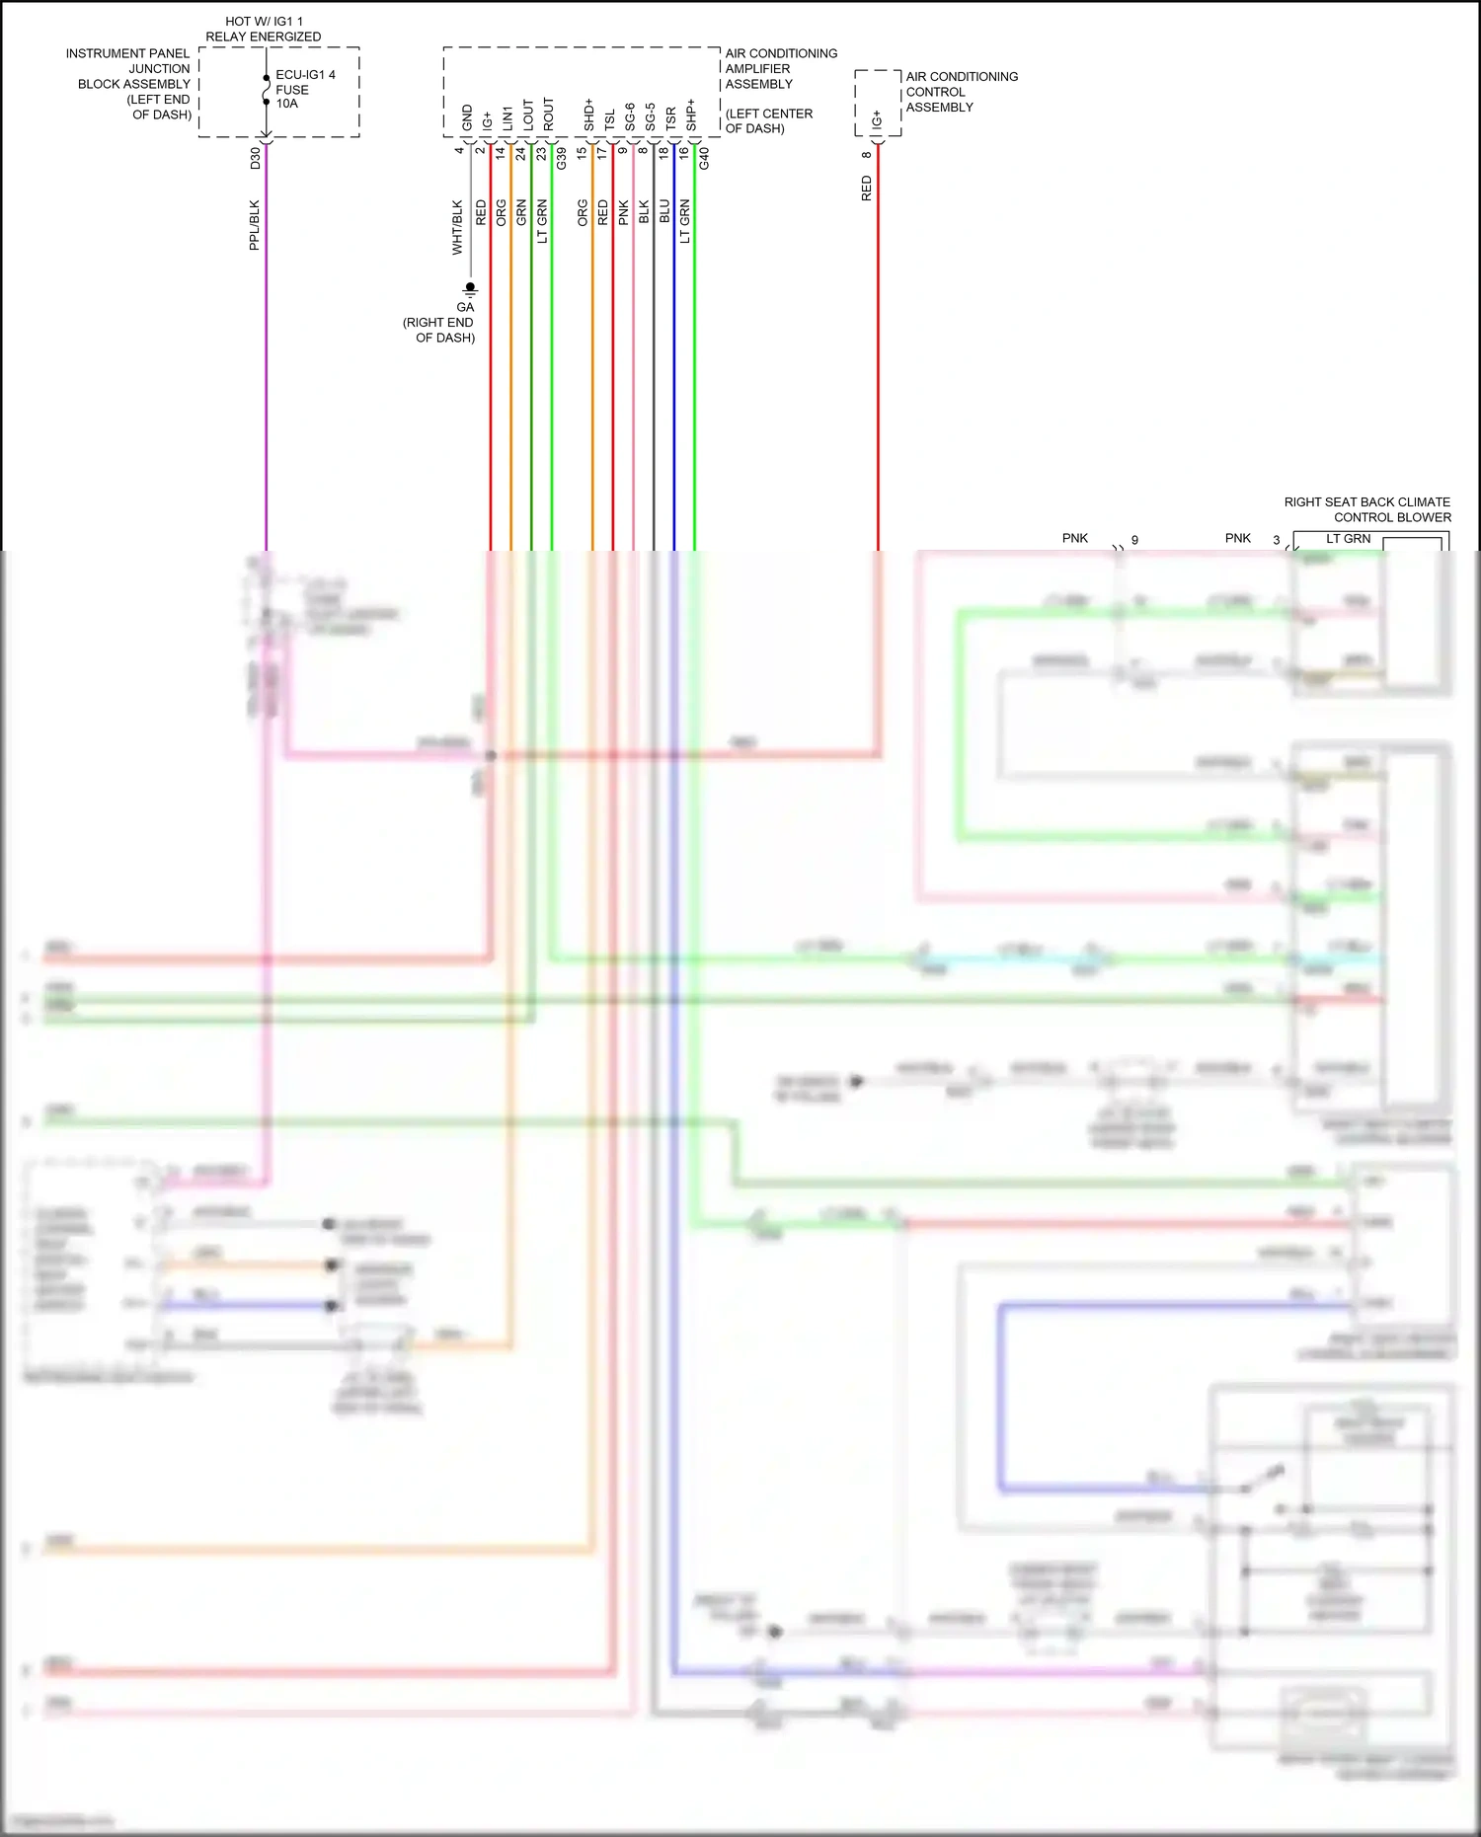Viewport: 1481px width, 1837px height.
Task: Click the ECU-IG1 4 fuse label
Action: pyautogui.click(x=304, y=75)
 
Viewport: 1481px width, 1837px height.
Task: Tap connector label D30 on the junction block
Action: pyautogui.click(x=256, y=158)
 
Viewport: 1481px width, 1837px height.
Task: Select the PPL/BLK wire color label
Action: pyautogui.click(x=255, y=225)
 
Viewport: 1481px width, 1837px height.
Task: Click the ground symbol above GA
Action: pyautogui.click(x=470, y=288)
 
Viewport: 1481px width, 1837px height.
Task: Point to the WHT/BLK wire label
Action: pyautogui.click(x=457, y=228)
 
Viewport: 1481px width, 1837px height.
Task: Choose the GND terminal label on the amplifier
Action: pyautogui.click(x=467, y=117)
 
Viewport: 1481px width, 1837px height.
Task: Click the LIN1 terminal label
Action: pyautogui.click(x=507, y=117)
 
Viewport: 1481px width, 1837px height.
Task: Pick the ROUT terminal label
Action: pyautogui.click(x=549, y=115)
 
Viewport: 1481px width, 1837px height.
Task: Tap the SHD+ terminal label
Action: pyautogui.click(x=589, y=115)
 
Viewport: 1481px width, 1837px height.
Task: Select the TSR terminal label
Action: pyautogui.click(x=671, y=118)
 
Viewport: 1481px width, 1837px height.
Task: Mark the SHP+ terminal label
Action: pyautogui.click(x=691, y=115)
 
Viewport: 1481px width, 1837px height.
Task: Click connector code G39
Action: pyautogui.click(x=562, y=158)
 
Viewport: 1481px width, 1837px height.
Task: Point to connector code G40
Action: pyautogui.click(x=704, y=158)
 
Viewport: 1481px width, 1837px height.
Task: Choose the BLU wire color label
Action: pyautogui.click(x=664, y=211)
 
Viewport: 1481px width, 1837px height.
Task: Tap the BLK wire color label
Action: pyautogui.click(x=644, y=211)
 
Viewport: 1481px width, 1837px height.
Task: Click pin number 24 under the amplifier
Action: pyautogui.click(x=520, y=154)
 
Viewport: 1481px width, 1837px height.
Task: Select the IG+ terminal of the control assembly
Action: pyautogui.click(x=877, y=120)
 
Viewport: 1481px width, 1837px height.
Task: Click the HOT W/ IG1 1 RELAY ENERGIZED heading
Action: pyautogui.click(x=264, y=29)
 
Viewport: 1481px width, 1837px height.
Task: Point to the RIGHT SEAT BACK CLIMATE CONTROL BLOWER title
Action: pyautogui.click(x=1367, y=509)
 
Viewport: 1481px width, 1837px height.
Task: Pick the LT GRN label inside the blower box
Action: pyautogui.click(x=1348, y=539)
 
